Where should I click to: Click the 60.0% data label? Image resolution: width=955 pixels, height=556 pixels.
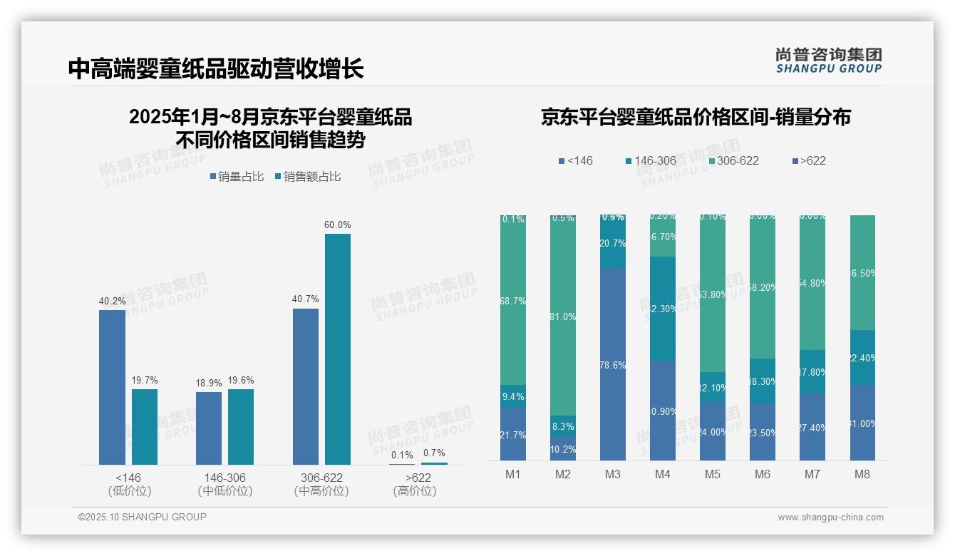pyautogui.click(x=338, y=225)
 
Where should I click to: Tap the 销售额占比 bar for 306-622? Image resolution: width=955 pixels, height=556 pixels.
pyautogui.click(x=338, y=349)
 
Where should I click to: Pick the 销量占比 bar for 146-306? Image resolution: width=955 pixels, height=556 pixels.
pyautogui.click(x=209, y=428)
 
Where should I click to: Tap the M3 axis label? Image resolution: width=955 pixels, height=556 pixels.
pyautogui.click(x=613, y=475)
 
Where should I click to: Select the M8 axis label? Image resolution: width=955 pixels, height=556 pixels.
pyautogui.click(x=862, y=475)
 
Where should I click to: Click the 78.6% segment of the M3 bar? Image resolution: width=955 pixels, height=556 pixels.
pyautogui.click(x=613, y=364)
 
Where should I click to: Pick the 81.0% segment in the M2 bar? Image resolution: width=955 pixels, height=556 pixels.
pyautogui.click(x=563, y=316)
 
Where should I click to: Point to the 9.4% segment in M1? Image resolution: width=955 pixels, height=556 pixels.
pyautogui.click(x=513, y=396)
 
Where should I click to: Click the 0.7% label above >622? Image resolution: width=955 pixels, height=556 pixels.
pyautogui.click(x=434, y=453)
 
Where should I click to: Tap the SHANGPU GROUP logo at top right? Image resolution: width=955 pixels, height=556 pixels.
pyautogui.click(x=828, y=61)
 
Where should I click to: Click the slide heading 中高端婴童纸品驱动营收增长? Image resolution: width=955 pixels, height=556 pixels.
pyautogui.click(x=216, y=68)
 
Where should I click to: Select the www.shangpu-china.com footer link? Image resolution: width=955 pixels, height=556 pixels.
pyautogui.click(x=830, y=518)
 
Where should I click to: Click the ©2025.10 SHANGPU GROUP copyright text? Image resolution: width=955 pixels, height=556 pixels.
pyautogui.click(x=143, y=517)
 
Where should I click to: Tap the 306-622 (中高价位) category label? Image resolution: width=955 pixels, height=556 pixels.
pyautogui.click(x=321, y=484)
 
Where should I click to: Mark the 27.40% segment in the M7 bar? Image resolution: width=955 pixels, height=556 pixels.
pyautogui.click(x=812, y=427)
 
